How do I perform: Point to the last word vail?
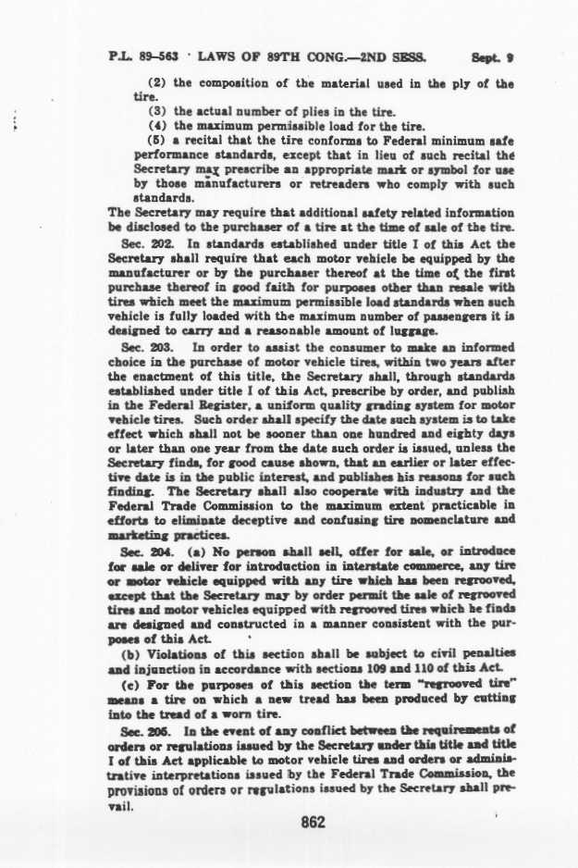coord(121,803)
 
